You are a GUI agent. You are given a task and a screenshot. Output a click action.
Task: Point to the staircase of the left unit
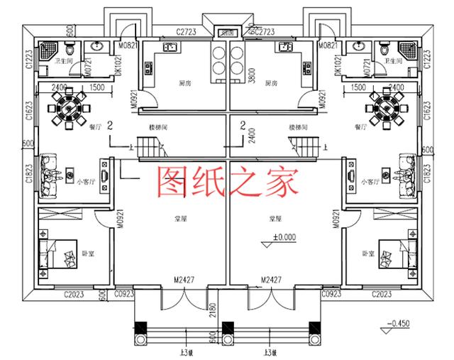click(150, 149)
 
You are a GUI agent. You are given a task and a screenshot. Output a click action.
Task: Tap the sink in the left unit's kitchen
click(170, 48)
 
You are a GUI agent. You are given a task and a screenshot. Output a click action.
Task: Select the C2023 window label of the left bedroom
click(74, 293)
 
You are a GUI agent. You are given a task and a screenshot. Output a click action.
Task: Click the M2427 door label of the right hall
click(272, 280)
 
